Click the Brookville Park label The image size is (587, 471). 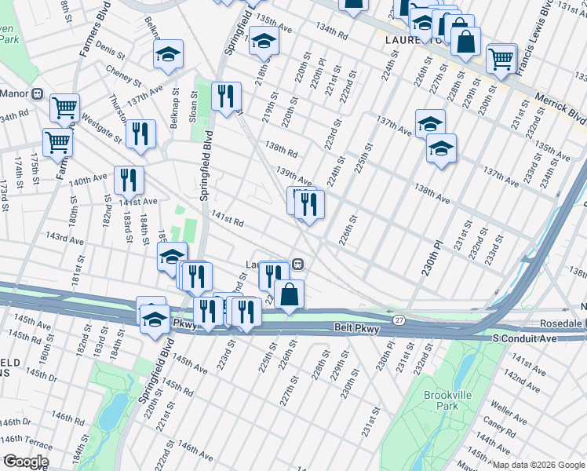pyautogui.click(x=440, y=400)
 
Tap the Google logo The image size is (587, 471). pyautogui.click(x=25, y=462)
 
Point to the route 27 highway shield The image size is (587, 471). pyautogui.click(x=400, y=319)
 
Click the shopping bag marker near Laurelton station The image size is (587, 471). pyautogui.click(x=289, y=294)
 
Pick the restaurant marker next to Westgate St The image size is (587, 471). pyautogui.click(x=140, y=132)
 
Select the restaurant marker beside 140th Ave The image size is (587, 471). pyautogui.click(x=128, y=179)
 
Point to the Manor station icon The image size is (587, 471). pyautogui.click(x=38, y=93)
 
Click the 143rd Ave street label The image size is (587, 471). pyautogui.click(x=64, y=237)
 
